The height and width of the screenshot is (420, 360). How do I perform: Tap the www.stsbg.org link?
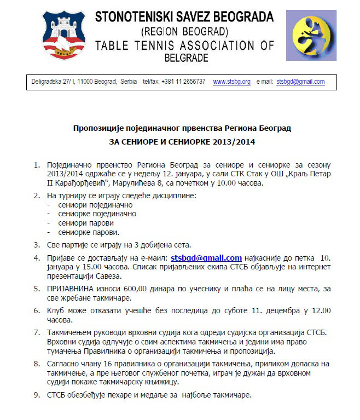(x=231, y=82)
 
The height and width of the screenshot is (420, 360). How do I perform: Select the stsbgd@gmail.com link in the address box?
(x=300, y=82)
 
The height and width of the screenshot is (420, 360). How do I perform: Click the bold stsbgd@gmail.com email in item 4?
(x=206, y=257)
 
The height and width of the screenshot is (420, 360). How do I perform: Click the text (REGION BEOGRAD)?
(x=184, y=31)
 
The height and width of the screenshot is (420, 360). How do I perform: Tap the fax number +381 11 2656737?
(x=187, y=82)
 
